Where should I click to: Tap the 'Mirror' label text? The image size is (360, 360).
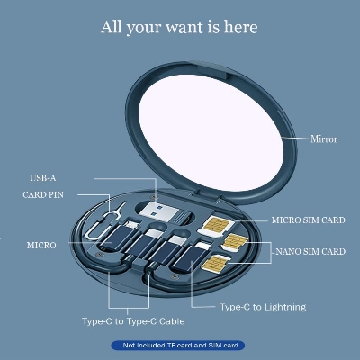tap(324, 140)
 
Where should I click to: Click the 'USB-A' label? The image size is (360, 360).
tap(43, 177)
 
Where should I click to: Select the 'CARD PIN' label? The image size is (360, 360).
tap(44, 194)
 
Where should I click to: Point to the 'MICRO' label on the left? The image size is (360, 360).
tap(41, 245)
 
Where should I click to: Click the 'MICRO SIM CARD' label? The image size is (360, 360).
tap(308, 219)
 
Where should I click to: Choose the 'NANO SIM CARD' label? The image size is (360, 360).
tap(309, 251)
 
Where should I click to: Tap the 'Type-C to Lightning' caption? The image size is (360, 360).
tap(263, 307)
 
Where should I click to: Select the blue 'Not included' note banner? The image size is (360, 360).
tap(179, 346)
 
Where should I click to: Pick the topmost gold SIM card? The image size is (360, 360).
tap(218, 225)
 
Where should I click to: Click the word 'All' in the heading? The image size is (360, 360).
tap(112, 28)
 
